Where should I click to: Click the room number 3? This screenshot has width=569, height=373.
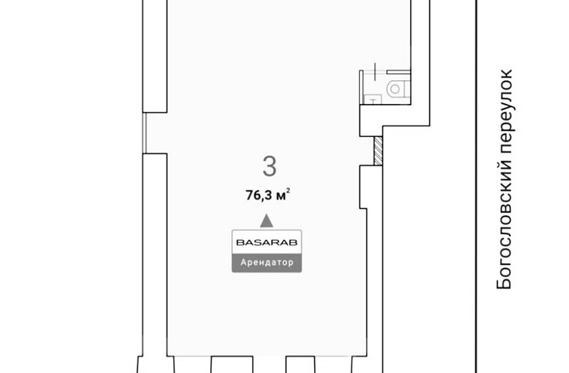click(269, 166)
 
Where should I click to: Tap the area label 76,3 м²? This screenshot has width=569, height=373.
click(268, 195)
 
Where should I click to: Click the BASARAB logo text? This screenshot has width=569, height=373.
click(267, 242)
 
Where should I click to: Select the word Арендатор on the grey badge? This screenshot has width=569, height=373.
click(267, 262)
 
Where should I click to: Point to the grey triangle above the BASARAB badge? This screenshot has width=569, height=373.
click(267, 221)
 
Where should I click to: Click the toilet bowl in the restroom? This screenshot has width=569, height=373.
click(395, 88)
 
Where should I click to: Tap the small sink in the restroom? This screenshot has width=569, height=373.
click(372, 98)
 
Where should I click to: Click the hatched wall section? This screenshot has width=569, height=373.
click(378, 150)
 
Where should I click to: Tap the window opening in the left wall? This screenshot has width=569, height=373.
click(144, 133)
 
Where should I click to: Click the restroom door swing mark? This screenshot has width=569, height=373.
click(375, 71)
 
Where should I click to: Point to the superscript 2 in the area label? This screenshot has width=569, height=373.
click(288, 190)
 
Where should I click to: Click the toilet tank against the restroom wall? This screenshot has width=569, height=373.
click(407, 89)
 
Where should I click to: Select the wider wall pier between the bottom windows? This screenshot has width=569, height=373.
click(232, 365)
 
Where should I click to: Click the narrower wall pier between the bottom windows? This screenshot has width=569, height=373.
click(301, 365)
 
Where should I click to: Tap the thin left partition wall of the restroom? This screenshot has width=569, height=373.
click(361, 87)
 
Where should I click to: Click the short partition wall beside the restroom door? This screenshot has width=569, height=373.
click(398, 72)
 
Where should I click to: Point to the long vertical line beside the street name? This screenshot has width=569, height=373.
click(476, 186)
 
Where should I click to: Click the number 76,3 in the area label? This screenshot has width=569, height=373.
click(259, 196)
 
